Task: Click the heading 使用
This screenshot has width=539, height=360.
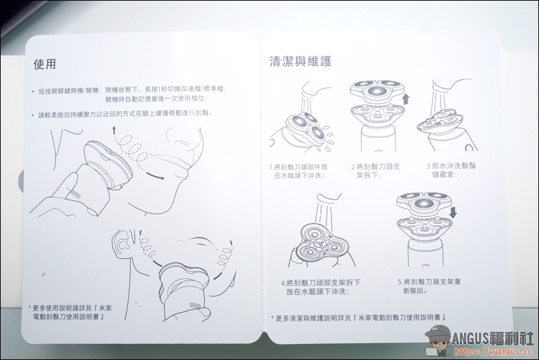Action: (44, 64)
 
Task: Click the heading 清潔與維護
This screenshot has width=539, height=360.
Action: (300, 61)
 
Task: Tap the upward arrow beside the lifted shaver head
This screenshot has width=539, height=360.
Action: (406, 98)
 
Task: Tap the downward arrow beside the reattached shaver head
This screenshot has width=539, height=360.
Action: (453, 212)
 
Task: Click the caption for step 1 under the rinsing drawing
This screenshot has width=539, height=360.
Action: (298, 171)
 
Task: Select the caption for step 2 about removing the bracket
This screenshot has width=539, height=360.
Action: (375, 171)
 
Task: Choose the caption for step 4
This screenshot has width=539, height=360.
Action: (321, 287)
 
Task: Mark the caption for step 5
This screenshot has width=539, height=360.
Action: (429, 286)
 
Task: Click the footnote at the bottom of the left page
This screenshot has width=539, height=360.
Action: (70, 312)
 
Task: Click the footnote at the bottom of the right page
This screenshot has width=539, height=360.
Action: (358, 318)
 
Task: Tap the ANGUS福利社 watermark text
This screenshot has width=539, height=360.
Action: (493, 338)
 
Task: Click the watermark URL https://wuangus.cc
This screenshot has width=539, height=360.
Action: (494, 352)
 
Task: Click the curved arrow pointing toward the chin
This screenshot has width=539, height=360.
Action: (155, 175)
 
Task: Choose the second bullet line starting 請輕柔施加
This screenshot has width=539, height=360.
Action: (123, 114)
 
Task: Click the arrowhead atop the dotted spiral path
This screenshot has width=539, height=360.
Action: (114, 129)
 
